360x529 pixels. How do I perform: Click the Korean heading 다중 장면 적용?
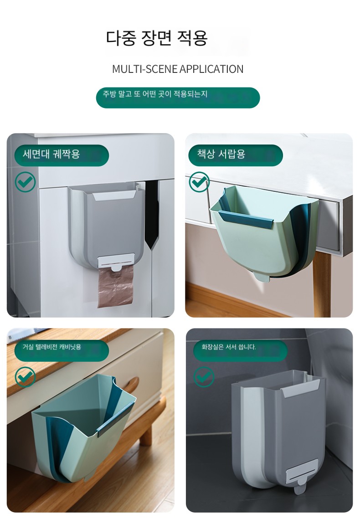point(157,38)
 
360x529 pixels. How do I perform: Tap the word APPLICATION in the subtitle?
point(211,69)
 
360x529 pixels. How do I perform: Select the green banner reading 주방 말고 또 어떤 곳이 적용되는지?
point(178,98)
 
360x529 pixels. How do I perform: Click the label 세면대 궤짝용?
point(51,154)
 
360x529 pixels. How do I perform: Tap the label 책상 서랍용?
point(221,154)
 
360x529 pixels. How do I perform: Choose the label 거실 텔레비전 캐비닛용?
point(51,347)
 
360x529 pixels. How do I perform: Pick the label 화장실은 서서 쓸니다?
point(228,347)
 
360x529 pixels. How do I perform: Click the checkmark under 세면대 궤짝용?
point(26,182)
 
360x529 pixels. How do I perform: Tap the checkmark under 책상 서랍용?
point(199,182)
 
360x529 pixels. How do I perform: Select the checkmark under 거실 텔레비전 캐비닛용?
point(26,376)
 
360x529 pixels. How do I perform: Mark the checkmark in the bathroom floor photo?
point(204,376)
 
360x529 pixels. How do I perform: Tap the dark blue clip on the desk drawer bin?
point(245,218)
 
